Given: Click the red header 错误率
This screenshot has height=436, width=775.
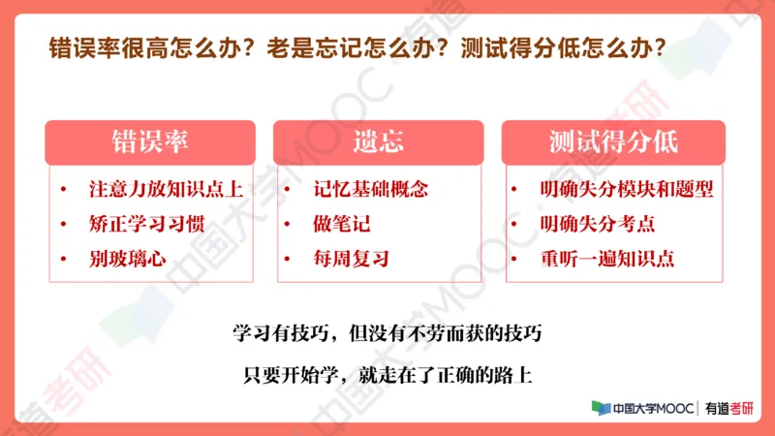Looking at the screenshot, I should click(x=149, y=142).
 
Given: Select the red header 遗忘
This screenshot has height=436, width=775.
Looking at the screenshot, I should click(x=378, y=142).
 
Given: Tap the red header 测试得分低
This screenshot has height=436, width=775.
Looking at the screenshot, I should click(x=612, y=142).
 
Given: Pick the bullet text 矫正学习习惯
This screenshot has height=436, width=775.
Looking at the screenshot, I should click(x=141, y=225).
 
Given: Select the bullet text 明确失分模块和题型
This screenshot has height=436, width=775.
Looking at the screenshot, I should click(x=627, y=190).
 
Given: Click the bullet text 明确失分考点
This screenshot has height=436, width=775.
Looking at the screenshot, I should click(x=598, y=225).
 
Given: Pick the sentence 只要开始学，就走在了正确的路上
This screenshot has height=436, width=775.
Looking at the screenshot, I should click(x=387, y=373).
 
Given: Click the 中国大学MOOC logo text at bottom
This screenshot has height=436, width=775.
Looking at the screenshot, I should click(x=643, y=409).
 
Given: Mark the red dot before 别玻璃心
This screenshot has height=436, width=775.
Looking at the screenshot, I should click(x=64, y=260).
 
